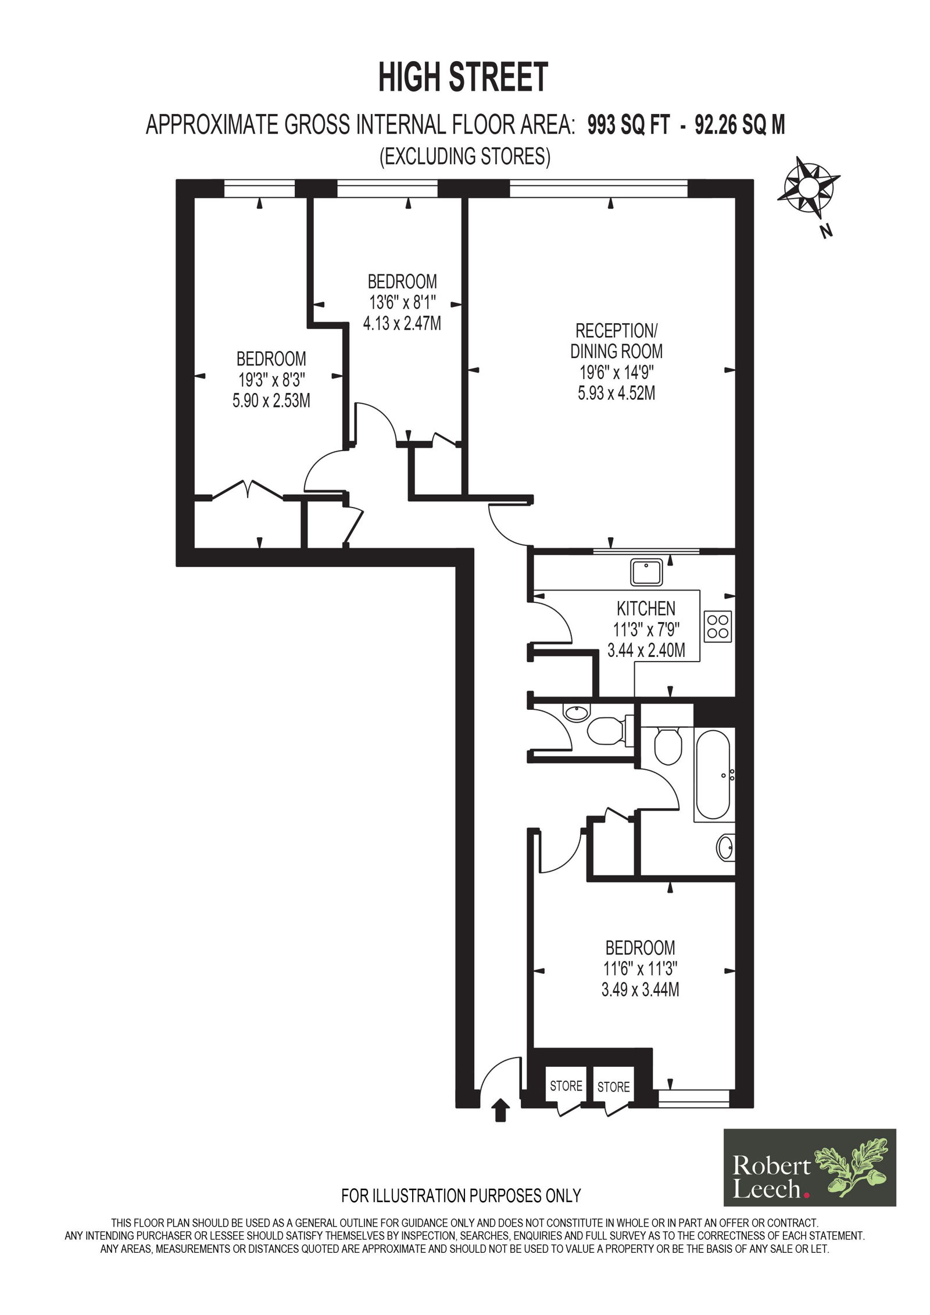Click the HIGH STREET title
463,77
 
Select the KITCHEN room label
646,609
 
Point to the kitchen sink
646,572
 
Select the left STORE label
566,1086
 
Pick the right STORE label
613,1087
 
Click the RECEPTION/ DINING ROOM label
616,341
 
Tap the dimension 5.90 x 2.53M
271,401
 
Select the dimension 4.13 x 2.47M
402,323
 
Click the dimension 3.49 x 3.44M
640,989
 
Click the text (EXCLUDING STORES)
465,156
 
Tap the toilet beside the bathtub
667,746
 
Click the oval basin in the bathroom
726,848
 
